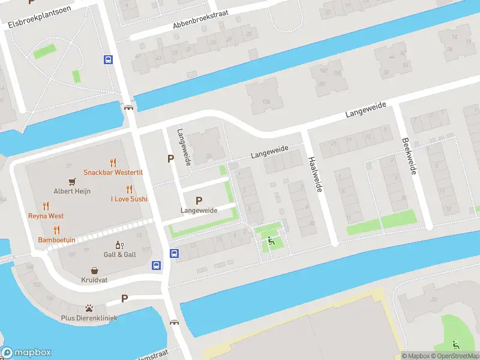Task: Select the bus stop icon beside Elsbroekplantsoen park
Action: pos(109,59)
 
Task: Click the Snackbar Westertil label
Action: pos(113,172)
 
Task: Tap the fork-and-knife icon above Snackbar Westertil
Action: pos(113,162)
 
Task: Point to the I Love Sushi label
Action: pos(129,199)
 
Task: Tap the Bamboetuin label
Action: pos(56,239)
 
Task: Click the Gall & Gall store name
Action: pos(120,254)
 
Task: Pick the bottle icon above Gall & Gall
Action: pos(119,245)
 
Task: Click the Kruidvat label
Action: pos(94,280)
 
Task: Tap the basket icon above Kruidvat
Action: pos(94,271)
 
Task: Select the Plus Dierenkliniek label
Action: pos(89,317)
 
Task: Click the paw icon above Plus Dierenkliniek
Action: pos(89,308)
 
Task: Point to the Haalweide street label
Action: pos(315,175)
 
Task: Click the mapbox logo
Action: pos(26,353)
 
